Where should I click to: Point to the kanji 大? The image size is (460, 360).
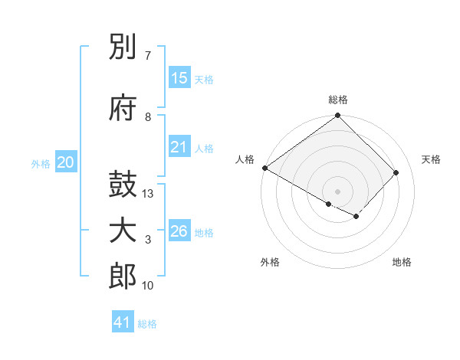(123, 231)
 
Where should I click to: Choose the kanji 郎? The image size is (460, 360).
(123, 277)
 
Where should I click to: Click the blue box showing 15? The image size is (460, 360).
(179, 78)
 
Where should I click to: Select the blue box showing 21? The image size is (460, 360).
(179, 147)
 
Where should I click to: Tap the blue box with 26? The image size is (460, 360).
(179, 231)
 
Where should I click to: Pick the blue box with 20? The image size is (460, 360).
(66, 162)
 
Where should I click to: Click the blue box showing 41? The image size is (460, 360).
(123, 322)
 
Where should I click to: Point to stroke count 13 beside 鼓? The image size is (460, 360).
(149, 195)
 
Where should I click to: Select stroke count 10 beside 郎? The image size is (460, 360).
(149, 286)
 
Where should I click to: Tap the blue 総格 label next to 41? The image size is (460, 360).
(148, 324)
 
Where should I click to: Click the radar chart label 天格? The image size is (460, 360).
(431, 159)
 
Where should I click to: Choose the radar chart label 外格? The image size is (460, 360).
(270, 262)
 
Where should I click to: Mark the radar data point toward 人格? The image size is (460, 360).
(264, 168)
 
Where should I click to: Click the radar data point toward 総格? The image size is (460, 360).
(337, 116)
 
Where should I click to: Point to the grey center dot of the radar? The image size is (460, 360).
(337, 191)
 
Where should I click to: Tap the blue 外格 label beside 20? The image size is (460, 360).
(41, 164)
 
